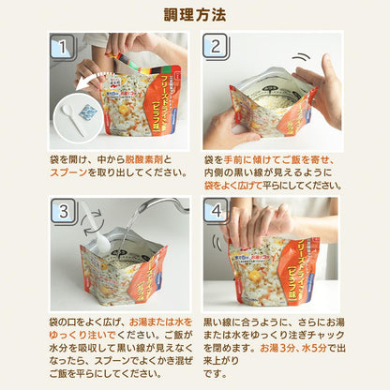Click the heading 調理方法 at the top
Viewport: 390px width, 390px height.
[194, 16]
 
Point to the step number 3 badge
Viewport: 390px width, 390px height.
[63, 212]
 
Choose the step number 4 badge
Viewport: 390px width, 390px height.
[215, 212]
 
